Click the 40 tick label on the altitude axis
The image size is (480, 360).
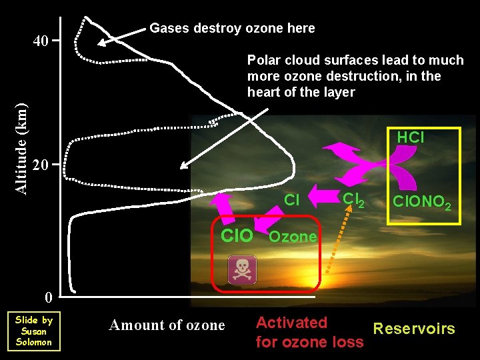(x=41, y=41)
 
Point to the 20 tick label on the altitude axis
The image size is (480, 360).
(x=41, y=165)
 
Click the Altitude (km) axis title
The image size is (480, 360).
(x=21, y=148)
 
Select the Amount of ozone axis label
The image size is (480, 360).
(x=167, y=325)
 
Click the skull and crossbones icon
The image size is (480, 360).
(x=242, y=270)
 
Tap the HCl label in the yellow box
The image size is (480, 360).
(x=410, y=138)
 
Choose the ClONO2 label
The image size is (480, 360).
(x=421, y=201)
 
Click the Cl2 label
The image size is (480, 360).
(x=353, y=199)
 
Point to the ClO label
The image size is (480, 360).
(x=237, y=236)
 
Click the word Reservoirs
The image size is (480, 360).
(x=414, y=329)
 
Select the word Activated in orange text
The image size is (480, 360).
(x=291, y=323)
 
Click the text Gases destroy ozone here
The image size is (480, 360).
(x=232, y=28)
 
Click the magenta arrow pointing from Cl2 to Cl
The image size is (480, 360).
(x=326, y=197)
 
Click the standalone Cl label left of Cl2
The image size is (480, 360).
(x=291, y=199)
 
